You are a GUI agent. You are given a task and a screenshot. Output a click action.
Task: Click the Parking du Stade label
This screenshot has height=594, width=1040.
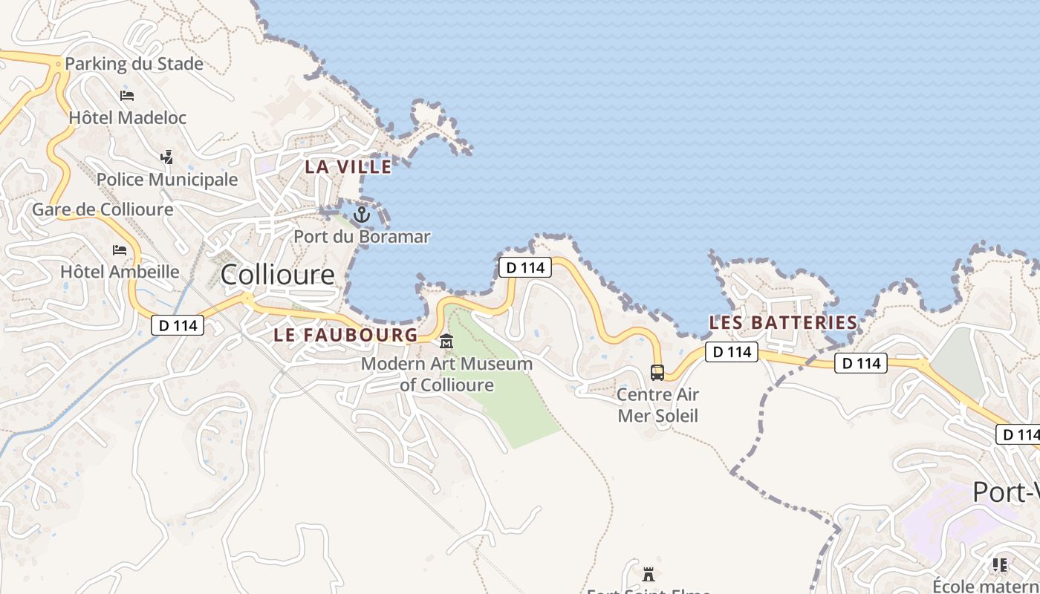[x=134, y=64]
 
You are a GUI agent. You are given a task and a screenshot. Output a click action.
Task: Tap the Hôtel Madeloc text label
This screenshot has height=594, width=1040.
[x=127, y=117]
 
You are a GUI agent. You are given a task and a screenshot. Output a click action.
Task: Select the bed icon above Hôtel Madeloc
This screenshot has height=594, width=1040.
[x=127, y=96]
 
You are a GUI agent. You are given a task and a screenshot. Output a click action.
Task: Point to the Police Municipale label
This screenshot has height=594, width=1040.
[x=167, y=180]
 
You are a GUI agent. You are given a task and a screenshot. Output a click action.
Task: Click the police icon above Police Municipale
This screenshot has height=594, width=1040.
[x=167, y=157]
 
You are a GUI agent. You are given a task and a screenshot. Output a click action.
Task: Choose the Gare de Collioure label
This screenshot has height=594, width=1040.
[x=103, y=209]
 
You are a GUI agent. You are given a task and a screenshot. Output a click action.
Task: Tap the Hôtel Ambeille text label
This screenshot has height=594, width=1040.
[x=120, y=272]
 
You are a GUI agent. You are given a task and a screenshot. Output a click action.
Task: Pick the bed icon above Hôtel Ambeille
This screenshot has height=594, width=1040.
[x=120, y=250]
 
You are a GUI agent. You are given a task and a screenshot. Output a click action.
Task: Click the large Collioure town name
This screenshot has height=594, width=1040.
[x=278, y=275]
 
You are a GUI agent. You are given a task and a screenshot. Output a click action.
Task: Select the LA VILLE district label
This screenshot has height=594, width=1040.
[x=348, y=167]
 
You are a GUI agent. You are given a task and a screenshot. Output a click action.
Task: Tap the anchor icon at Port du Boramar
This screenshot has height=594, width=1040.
[x=362, y=215]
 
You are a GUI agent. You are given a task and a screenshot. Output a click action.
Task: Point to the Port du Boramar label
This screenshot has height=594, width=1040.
[x=362, y=237]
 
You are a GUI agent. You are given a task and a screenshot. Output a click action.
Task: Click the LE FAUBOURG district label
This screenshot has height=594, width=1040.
[x=346, y=335]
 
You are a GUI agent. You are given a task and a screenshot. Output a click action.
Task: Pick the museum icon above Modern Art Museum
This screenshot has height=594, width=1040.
[x=446, y=342]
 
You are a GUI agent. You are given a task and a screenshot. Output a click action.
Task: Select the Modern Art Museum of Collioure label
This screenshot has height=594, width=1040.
[x=446, y=374]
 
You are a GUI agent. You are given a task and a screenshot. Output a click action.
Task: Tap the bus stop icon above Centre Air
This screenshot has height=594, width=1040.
[x=657, y=373]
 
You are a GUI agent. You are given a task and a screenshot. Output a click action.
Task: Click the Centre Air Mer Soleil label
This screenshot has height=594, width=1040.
[x=658, y=405]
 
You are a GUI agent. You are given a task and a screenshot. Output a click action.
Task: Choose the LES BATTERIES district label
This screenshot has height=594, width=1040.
[x=783, y=323]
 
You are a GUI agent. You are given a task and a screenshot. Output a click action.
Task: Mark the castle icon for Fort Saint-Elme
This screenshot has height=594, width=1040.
[x=649, y=574]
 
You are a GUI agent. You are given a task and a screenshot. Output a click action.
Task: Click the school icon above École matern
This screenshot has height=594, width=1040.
[x=1000, y=566]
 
